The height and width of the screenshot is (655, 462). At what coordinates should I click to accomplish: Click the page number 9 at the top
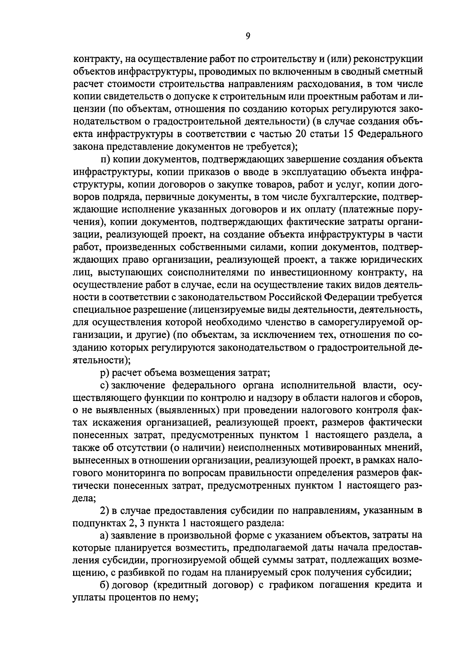tap(248, 36)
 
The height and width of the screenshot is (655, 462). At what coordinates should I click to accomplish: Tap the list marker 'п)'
tap(105, 159)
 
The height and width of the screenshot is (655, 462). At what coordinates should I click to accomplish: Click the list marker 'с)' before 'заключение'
tap(105, 385)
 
